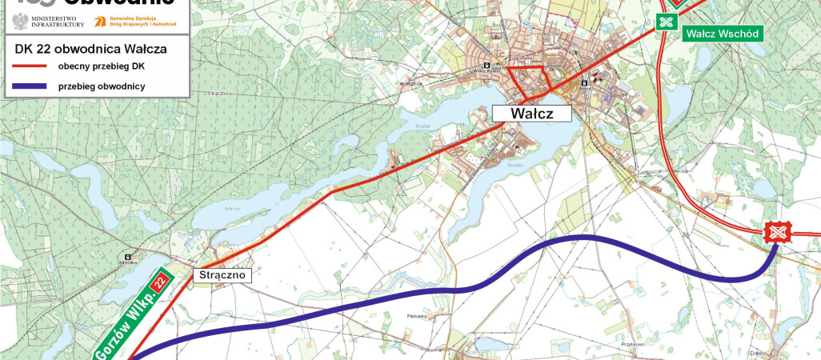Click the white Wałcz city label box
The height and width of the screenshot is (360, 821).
click(x=532, y=114)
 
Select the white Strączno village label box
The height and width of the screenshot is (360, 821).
click(x=222, y=275)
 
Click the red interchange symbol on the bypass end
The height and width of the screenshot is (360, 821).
click(x=777, y=233)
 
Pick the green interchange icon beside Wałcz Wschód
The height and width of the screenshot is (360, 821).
click(x=665, y=22)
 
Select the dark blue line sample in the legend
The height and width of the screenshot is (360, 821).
click(x=30, y=86)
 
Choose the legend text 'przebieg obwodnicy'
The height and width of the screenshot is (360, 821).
click(x=102, y=86)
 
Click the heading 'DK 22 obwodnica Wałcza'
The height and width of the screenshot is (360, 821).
click(x=90, y=48)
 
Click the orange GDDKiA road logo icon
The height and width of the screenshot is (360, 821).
click(x=101, y=21)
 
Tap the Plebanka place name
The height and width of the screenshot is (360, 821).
click(x=416, y=316)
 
